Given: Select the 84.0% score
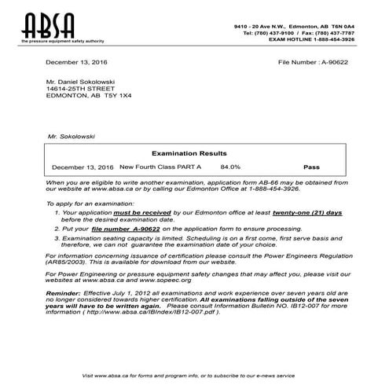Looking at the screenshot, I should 230,167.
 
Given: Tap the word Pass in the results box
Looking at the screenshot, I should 312,167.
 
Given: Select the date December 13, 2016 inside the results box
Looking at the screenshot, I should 83,167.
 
